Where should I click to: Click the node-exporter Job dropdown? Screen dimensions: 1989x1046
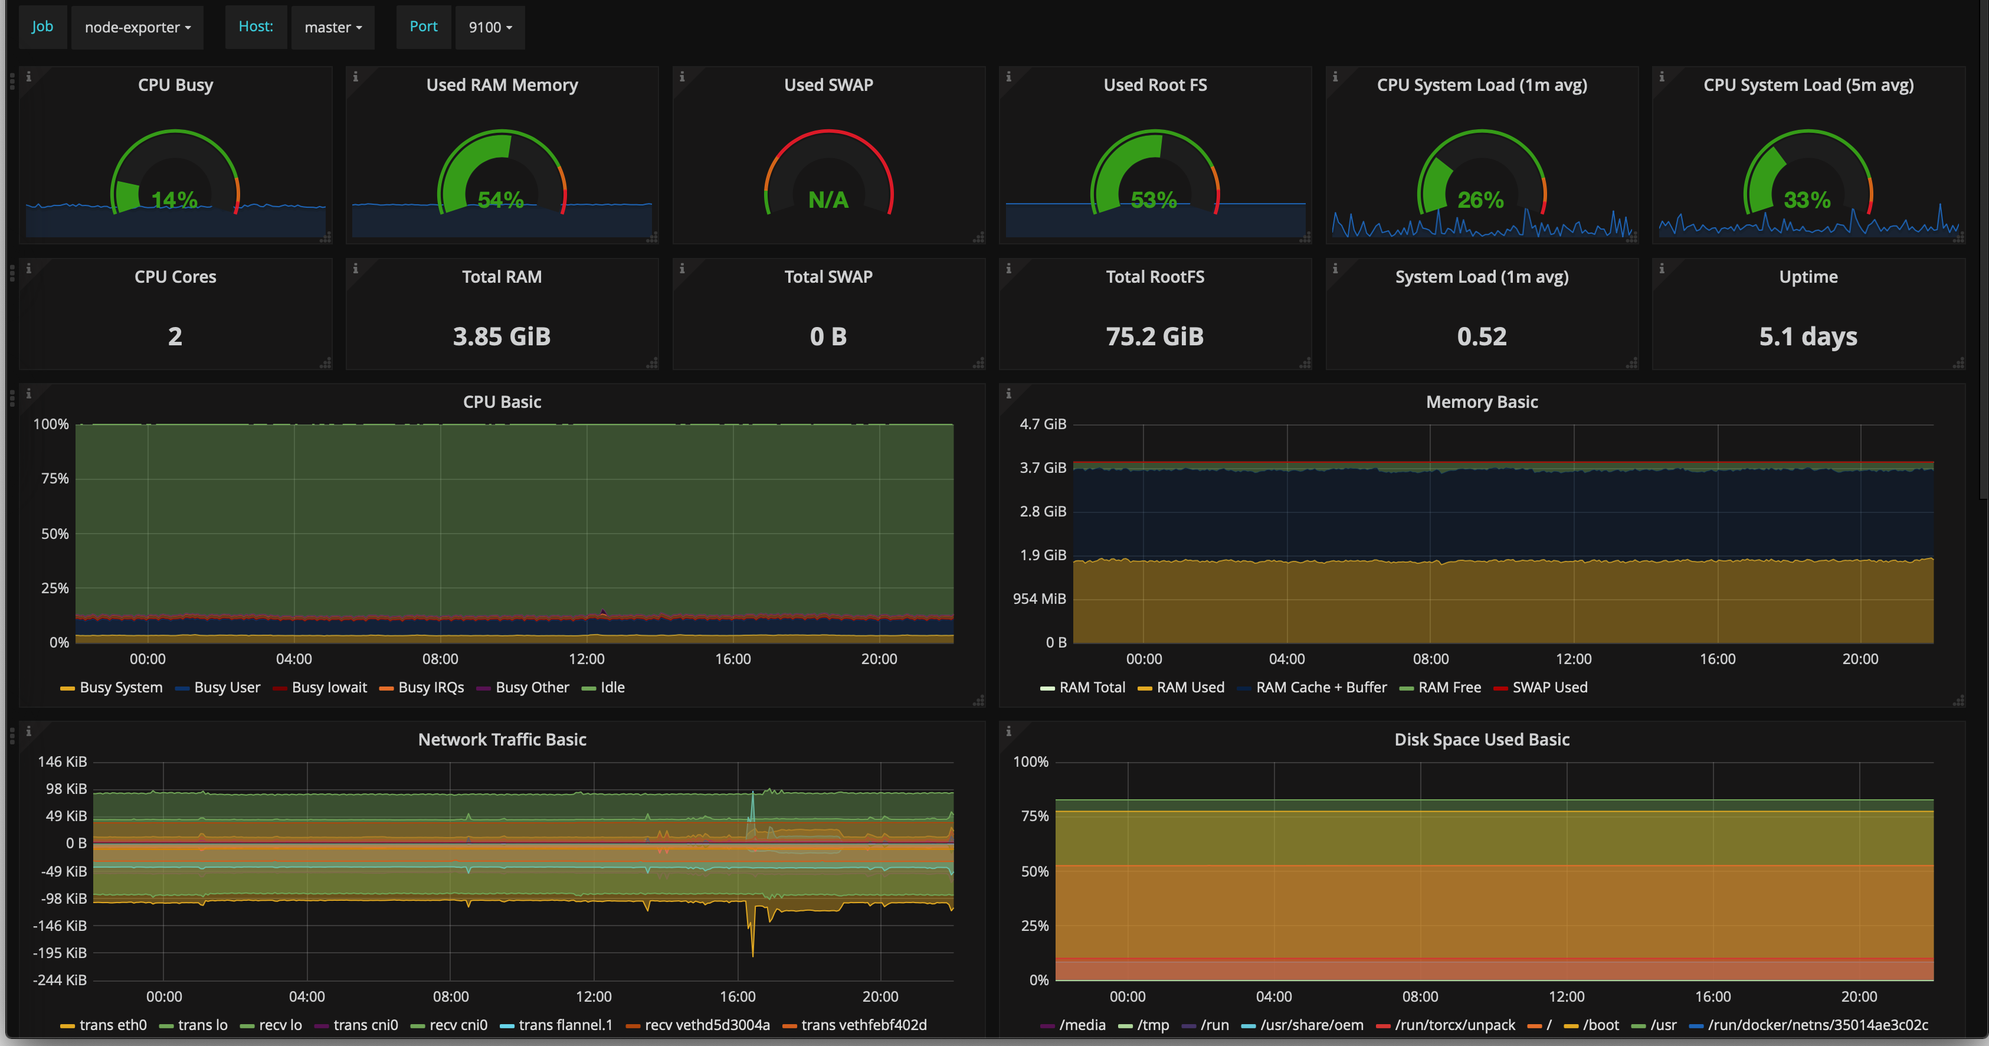click(x=137, y=27)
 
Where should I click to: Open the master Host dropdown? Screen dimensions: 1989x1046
click(x=333, y=27)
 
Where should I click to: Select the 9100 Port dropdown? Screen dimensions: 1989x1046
click(x=490, y=27)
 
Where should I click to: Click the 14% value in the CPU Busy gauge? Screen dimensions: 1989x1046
click(x=175, y=200)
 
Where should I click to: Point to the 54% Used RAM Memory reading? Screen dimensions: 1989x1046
click(x=501, y=200)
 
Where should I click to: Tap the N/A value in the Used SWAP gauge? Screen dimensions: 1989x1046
click(x=828, y=200)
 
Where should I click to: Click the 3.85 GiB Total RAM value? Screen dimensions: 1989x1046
click(x=502, y=336)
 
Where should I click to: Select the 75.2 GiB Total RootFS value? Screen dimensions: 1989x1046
click(x=1155, y=336)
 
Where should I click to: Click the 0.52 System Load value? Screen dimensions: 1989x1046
click(x=1482, y=336)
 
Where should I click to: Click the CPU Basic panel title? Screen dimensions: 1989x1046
click(x=502, y=402)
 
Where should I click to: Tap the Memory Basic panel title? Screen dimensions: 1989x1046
click(x=1482, y=402)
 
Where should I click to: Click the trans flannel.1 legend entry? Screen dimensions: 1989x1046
click(x=557, y=1025)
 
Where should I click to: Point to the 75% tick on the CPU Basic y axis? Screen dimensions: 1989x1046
click(x=55, y=479)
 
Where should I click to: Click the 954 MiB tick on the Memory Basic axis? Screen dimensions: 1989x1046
click(x=1039, y=599)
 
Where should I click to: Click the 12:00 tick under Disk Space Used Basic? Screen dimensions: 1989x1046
click(x=1567, y=996)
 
